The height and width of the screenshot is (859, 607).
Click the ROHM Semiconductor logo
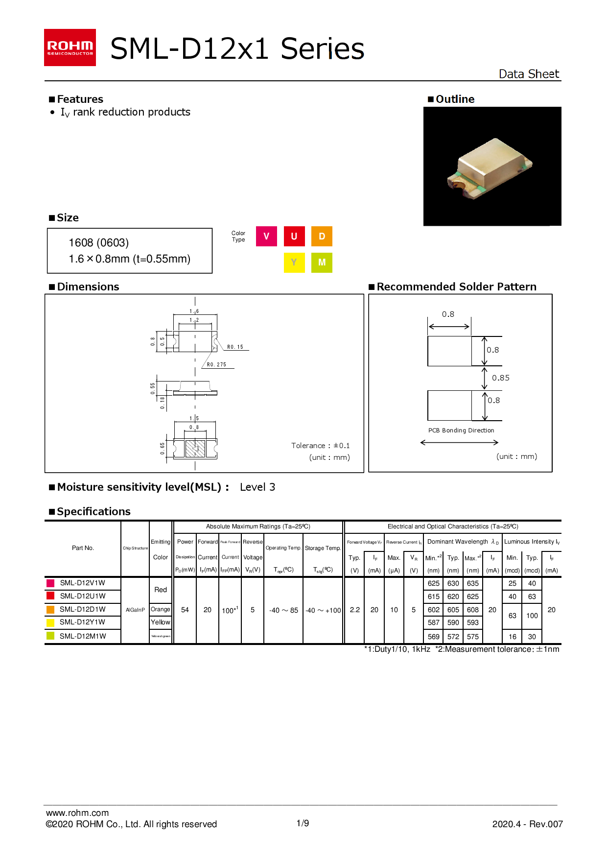pos(70,48)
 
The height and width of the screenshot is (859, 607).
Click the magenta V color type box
pos(266,236)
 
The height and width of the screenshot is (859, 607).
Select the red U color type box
pos(294,236)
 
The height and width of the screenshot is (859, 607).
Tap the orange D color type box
pos(322,236)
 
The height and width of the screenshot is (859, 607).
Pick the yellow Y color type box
pos(294,262)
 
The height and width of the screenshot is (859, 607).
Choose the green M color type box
pos(322,262)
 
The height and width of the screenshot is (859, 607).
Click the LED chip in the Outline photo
pos(490,169)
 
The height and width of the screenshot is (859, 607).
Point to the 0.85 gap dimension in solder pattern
pos(500,378)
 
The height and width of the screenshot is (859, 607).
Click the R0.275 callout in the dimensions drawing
pos(216,364)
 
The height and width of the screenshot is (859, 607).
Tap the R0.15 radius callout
pos(235,347)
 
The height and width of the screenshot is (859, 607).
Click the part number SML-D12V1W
pos(83,583)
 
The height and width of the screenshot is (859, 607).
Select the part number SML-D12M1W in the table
pos(83,636)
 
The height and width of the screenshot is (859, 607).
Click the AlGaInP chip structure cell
pos(135,610)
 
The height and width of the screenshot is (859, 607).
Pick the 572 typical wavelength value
pos(453,637)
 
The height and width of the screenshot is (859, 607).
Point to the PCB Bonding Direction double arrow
pos(459,442)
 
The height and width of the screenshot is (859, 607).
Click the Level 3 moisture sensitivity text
pos(257,487)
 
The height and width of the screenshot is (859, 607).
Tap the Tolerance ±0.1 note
pos(320,445)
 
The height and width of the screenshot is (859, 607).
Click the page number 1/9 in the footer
pos(303,823)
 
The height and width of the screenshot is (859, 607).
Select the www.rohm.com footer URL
pos(77,812)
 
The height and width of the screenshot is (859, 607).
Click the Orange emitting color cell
pos(161,609)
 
